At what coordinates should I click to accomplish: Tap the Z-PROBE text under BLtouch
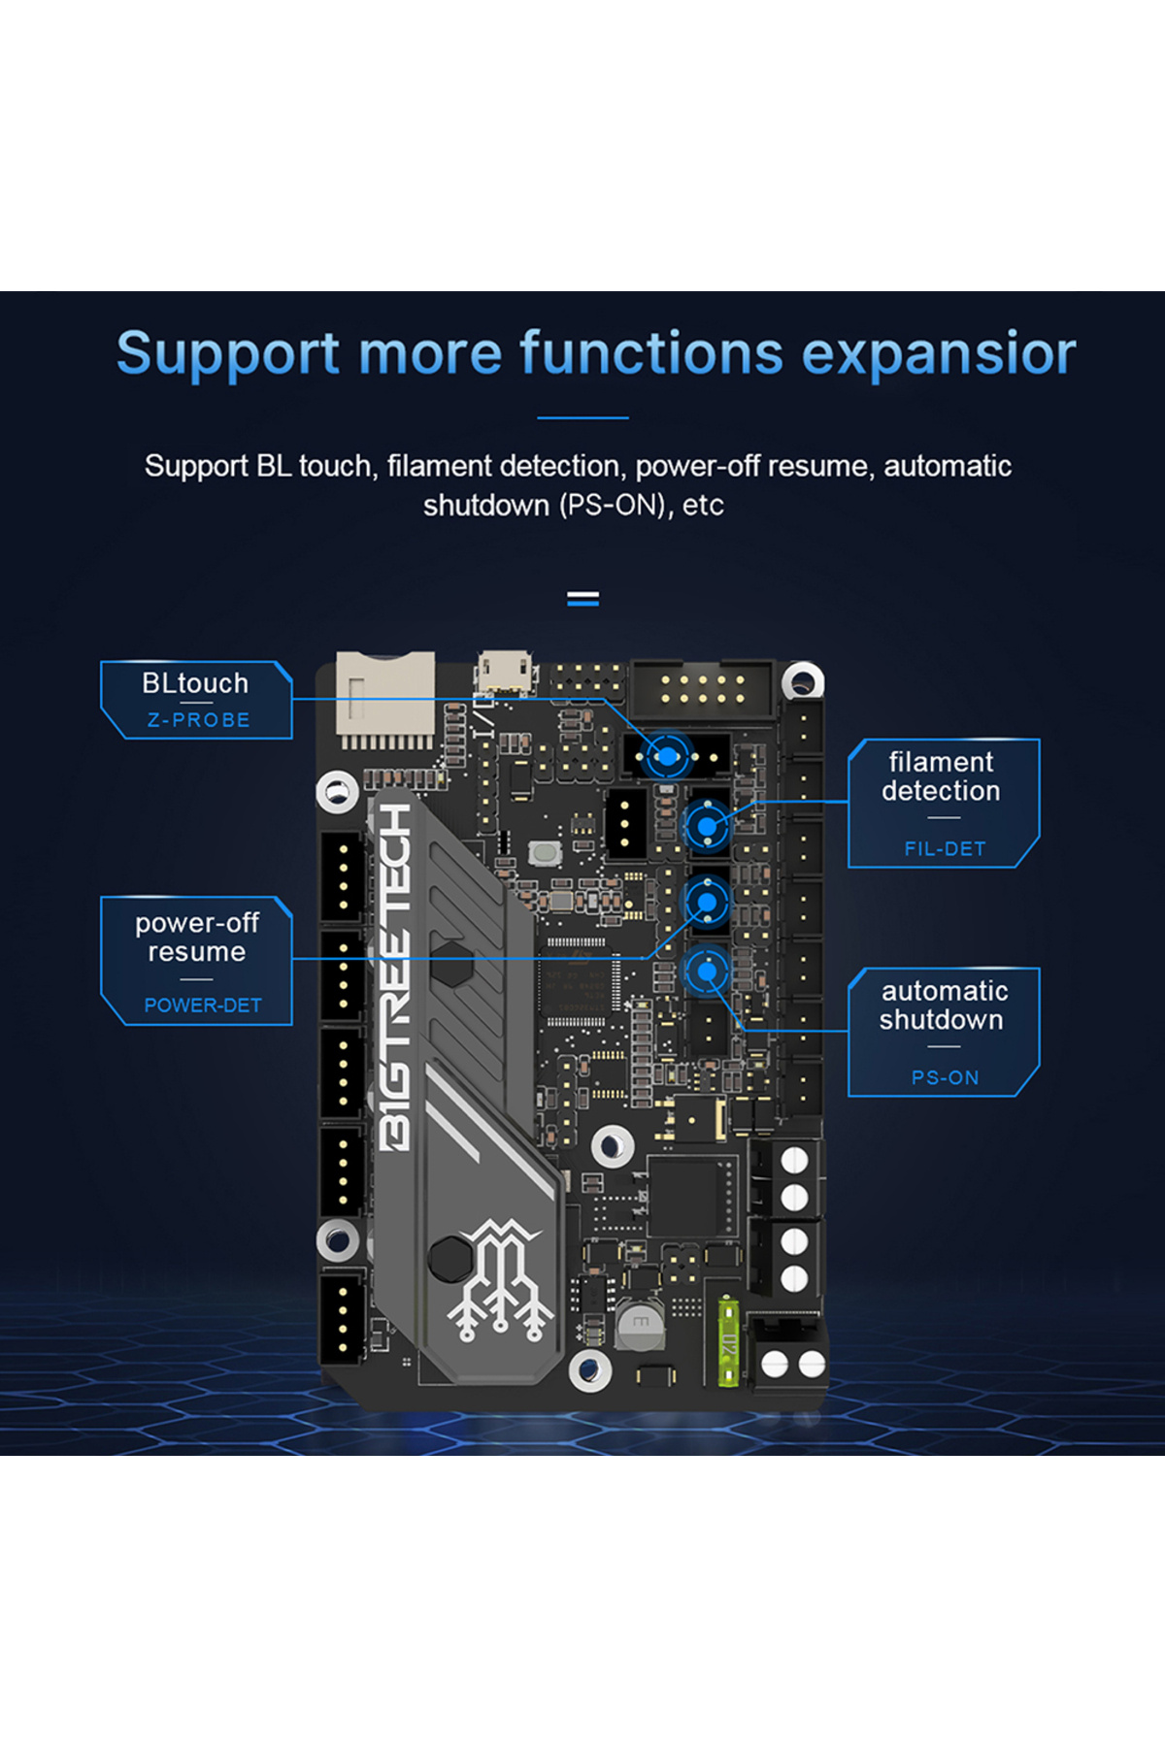[x=198, y=720]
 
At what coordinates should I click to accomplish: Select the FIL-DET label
[x=945, y=848]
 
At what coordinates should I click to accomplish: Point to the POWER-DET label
[x=202, y=1005]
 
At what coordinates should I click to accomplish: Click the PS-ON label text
[x=945, y=1077]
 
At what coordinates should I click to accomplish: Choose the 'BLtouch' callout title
[x=195, y=683]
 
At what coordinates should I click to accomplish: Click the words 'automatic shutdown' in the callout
[x=943, y=1005]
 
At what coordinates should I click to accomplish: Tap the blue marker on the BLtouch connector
[x=667, y=756]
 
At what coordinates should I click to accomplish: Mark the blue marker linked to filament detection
[x=707, y=827]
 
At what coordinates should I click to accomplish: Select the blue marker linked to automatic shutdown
[x=707, y=971]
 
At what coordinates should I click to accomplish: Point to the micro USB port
[x=504, y=671]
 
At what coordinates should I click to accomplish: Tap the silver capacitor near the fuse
[x=640, y=1325]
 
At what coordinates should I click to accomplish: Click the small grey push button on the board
[x=544, y=854]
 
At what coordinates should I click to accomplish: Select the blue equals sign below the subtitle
[x=582, y=599]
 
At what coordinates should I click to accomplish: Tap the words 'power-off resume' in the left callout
[x=196, y=938]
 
